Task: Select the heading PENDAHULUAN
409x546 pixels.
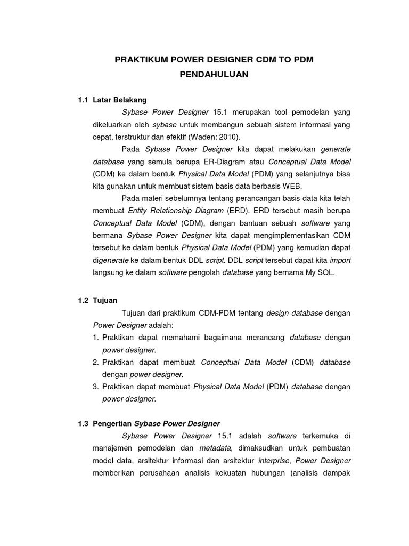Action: pos(214,75)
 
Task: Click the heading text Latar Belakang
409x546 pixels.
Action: pos(119,100)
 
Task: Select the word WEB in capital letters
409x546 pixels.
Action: pos(292,186)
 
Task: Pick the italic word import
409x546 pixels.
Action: pos(340,260)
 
